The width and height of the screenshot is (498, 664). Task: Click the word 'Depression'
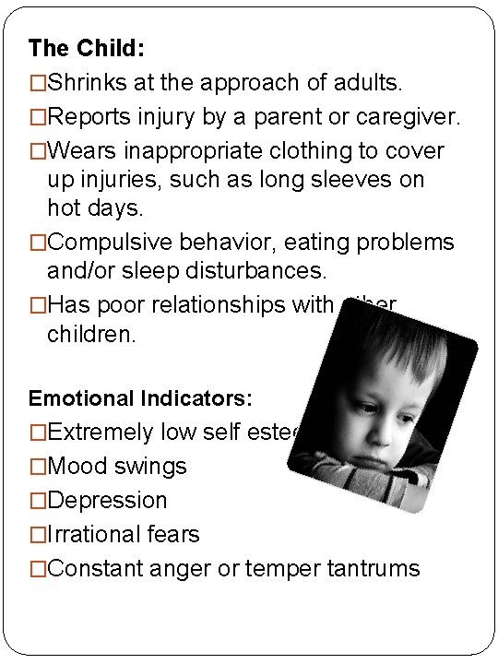click(x=107, y=500)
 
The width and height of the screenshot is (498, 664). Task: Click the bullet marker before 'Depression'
click(x=37, y=500)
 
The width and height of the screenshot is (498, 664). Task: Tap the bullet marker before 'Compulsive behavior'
click(x=37, y=242)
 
